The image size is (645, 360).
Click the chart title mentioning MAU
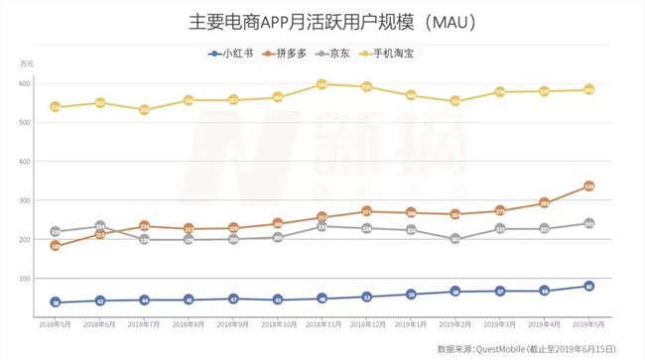coord(322,20)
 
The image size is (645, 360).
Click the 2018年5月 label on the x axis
coord(56,324)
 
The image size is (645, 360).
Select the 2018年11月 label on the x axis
coord(322,324)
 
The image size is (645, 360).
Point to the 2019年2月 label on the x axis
coord(455,324)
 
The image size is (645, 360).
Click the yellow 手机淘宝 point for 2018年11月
coord(322,84)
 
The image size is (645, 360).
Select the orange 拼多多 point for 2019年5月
coord(588,185)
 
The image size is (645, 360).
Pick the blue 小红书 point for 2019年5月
coord(588,287)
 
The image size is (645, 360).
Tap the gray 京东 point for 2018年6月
coord(100,226)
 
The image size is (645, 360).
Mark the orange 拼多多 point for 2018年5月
coord(56,246)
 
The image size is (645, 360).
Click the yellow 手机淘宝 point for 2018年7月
coord(145,110)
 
